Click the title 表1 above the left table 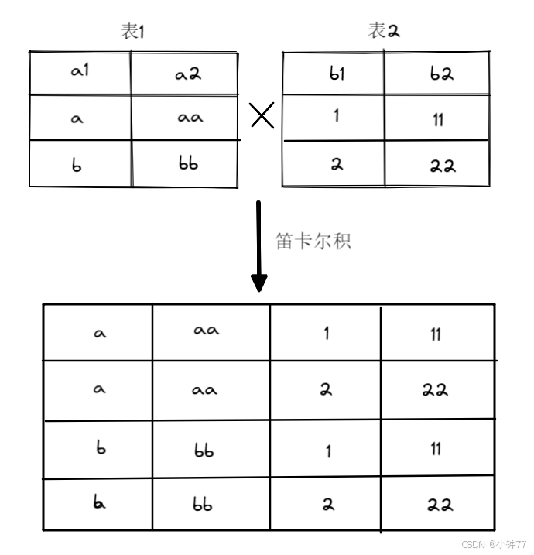132,32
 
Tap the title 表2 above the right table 385,32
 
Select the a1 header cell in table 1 80,71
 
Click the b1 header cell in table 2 337,74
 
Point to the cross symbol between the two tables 262,117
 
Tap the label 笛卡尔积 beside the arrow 313,241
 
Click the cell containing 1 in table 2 337,118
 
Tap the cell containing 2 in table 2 337,164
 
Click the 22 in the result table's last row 439,505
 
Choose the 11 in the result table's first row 436,334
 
